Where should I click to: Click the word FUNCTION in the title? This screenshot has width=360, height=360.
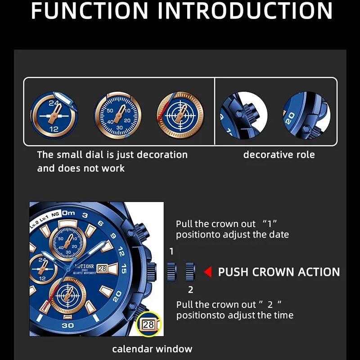pyautogui.click(x=90, y=10)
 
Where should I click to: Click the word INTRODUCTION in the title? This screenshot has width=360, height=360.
pyautogui.click(x=245, y=10)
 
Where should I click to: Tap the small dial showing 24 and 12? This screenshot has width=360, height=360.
pyautogui.click(x=54, y=115)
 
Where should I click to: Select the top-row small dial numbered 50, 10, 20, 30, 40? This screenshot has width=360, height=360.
pyautogui.click(x=118, y=115)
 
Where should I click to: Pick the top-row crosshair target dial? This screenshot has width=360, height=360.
pyautogui.click(x=180, y=115)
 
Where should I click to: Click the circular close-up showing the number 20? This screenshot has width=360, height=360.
pyautogui.click(x=307, y=115)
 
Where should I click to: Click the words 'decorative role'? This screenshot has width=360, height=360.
pyautogui.click(x=279, y=155)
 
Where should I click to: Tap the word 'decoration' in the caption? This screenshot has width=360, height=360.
pyautogui.click(x=162, y=155)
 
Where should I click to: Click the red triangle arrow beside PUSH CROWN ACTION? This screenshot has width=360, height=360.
pyautogui.click(x=208, y=272)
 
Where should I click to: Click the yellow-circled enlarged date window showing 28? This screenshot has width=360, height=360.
pyautogui.click(x=149, y=324)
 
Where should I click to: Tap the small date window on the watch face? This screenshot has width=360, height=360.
pyautogui.click(x=103, y=269)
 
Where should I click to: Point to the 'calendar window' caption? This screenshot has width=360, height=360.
pyautogui.click(x=152, y=349)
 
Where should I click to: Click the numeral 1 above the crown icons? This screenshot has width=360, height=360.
pyautogui.click(x=171, y=252)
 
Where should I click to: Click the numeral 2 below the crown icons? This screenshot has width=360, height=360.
pyautogui.click(x=190, y=290)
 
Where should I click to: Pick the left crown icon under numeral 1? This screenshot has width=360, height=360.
pyautogui.click(x=172, y=272)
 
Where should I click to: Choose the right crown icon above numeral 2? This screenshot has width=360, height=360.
pyautogui.click(x=190, y=272)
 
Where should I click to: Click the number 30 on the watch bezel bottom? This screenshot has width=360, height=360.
pyautogui.click(x=68, y=325)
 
